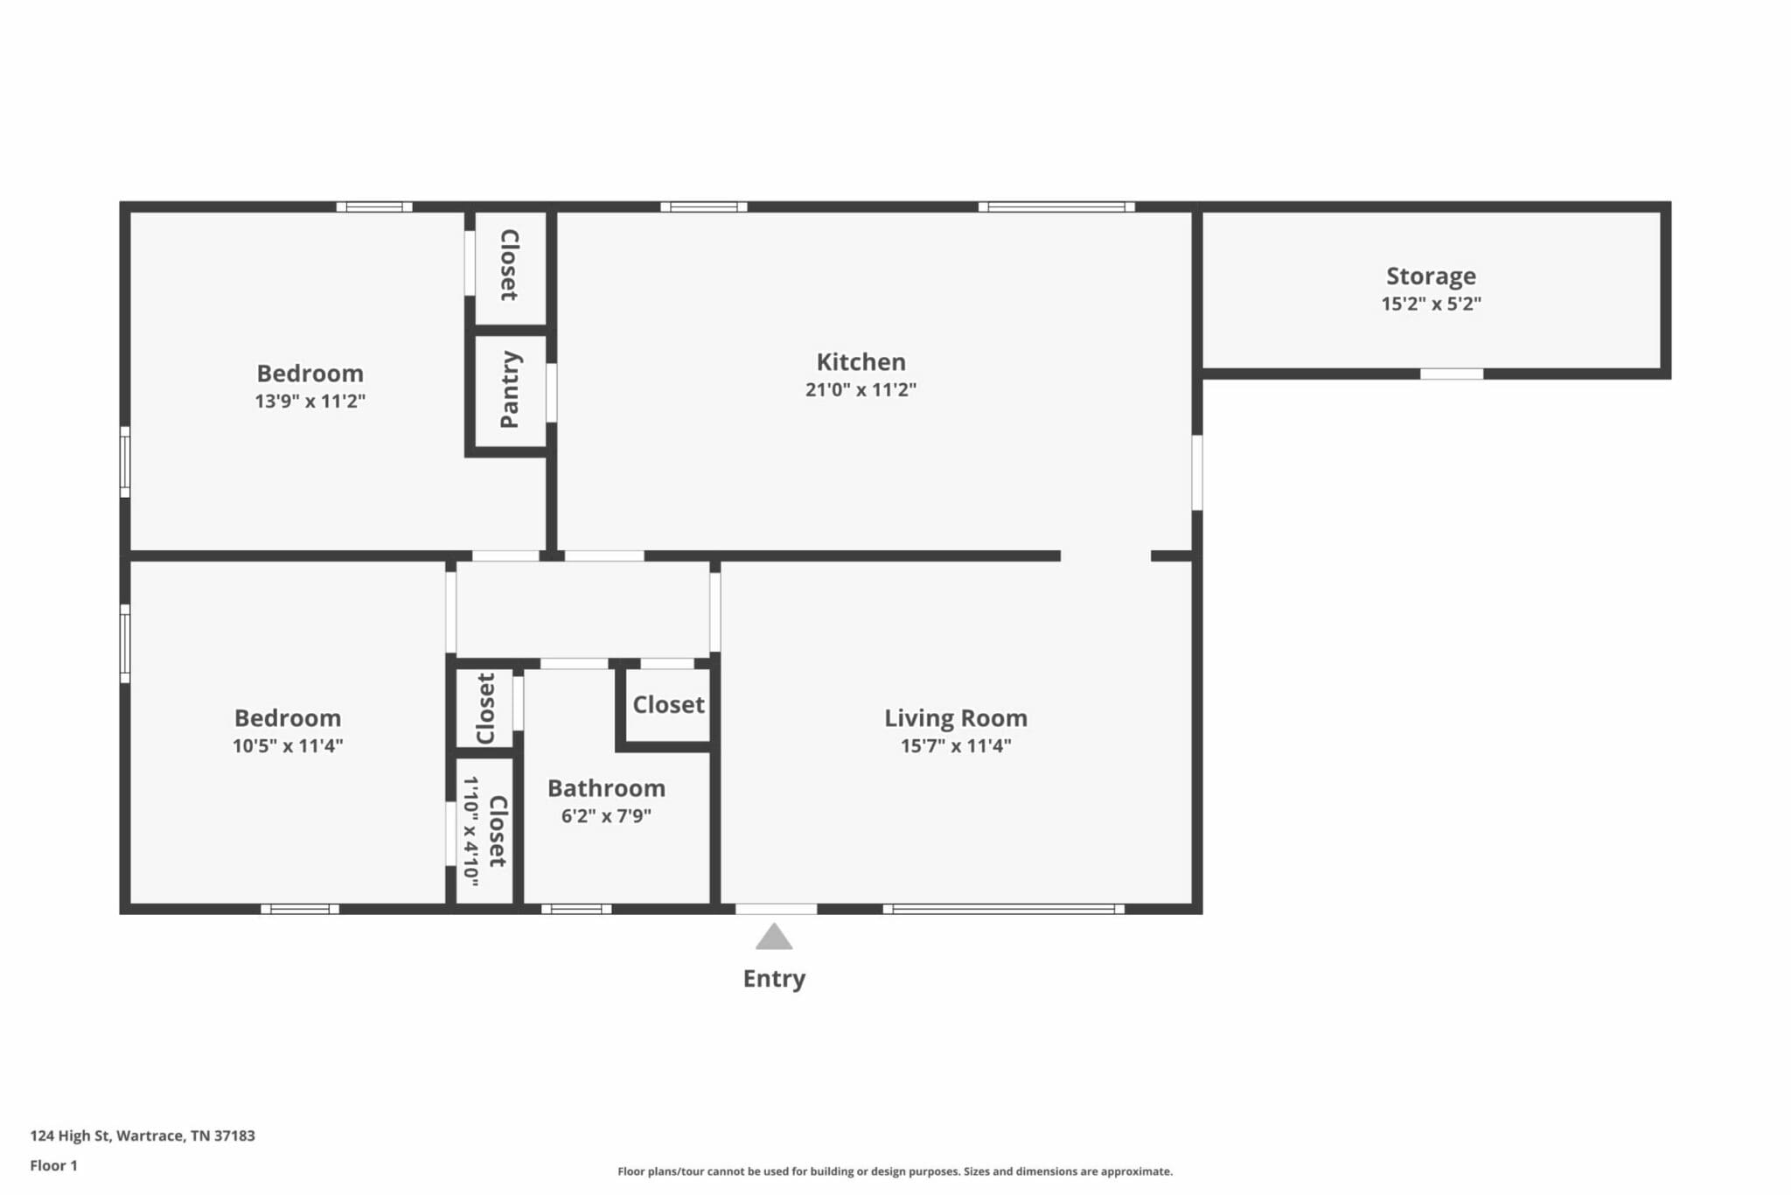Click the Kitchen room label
click(x=861, y=361)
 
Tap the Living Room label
click(x=956, y=718)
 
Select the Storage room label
click(x=1431, y=276)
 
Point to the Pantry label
click(x=510, y=389)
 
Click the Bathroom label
click(x=606, y=788)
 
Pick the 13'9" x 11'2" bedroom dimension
click(x=310, y=402)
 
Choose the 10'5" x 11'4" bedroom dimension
click(x=287, y=746)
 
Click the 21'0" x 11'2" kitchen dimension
click(x=861, y=390)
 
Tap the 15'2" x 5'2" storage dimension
click(x=1431, y=304)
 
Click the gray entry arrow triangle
click(x=774, y=937)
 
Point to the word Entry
click(x=774, y=979)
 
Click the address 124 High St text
click(x=143, y=1136)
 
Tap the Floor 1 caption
click(x=53, y=1165)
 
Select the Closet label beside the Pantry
click(x=509, y=265)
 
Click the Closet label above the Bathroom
click(x=668, y=705)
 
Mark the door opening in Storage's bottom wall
click(x=1452, y=374)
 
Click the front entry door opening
click(x=776, y=909)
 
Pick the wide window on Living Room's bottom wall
click(x=1004, y=909)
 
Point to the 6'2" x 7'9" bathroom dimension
click(x=606, y=816)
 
